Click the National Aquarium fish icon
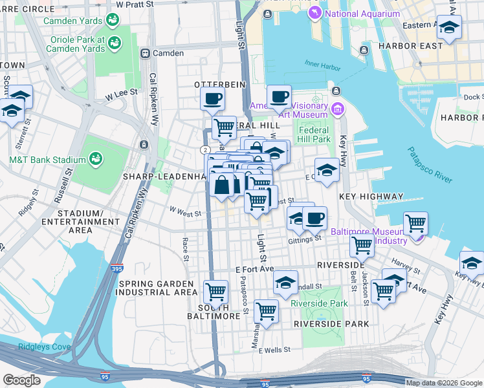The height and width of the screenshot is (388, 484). click(x=314, y=14)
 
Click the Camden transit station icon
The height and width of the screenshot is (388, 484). click(x=146, y=53)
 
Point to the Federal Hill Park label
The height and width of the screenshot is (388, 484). click(x=314, y=134)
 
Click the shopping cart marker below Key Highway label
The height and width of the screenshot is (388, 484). click(x=415, y=224)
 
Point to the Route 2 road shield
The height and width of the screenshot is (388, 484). click(x=204, y=149)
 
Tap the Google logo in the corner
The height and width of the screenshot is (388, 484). click(x=22, y=380)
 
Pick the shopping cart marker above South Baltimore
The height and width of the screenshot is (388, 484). click(x=215, y=291)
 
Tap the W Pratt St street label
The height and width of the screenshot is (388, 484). click(x=135, y=4)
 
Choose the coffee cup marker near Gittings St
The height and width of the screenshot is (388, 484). click(x=314, y=218)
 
